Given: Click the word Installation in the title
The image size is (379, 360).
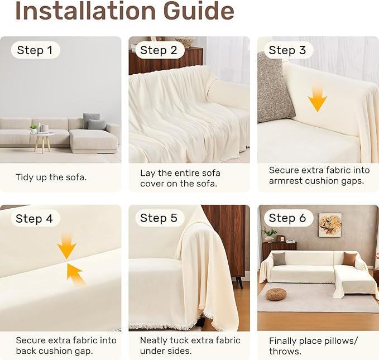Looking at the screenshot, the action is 85,11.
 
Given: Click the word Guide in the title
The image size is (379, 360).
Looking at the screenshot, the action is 199,11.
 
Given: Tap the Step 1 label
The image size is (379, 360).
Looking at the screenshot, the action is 35,50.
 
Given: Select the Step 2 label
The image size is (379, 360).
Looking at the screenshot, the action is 159,50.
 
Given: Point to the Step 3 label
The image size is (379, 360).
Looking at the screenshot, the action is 287,50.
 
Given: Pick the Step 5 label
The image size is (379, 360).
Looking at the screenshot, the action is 159,218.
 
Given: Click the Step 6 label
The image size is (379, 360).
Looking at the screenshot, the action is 287,218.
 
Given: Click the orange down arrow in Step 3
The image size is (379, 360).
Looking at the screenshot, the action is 318,100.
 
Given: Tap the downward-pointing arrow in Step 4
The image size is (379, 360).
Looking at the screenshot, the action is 67,246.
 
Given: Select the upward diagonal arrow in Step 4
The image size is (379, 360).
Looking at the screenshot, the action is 75,273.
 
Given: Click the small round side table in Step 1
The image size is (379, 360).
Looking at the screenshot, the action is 42,142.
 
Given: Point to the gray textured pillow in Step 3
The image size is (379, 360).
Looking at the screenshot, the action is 274,88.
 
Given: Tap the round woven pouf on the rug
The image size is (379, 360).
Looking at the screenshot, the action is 276,294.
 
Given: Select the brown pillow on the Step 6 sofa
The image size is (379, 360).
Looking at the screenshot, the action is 349,258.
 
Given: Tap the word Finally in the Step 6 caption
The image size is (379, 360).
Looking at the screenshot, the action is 282,341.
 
